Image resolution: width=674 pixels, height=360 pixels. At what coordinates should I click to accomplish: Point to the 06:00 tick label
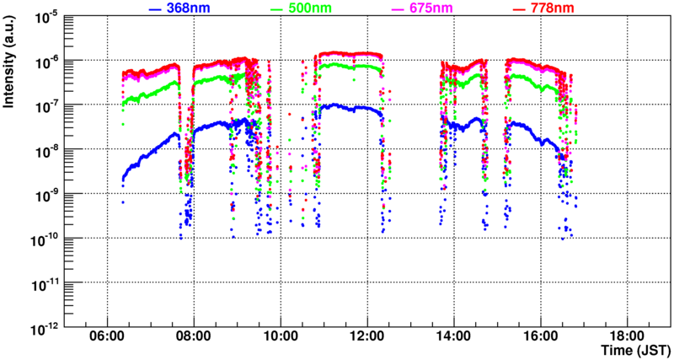coord(107,336)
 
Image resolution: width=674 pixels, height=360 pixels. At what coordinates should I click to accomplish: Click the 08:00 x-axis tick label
coord(194,336)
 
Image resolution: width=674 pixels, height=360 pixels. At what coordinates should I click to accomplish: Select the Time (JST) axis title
coord(634,349)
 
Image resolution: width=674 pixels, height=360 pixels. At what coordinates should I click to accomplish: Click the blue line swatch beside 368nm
coord(155,8)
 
